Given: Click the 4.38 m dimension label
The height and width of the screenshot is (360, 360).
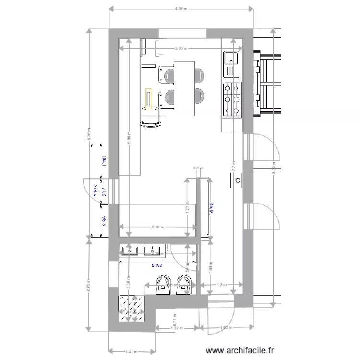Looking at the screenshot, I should pyautogui.click(x=180, y=9).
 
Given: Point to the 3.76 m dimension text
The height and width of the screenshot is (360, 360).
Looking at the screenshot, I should pyautogui.click(x=180, y=48).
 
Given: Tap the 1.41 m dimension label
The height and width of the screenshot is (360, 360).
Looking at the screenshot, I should pyautogui.click(x=131, y=352).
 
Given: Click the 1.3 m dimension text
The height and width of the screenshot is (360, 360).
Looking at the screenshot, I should pyautogui.click(x=221, y=285).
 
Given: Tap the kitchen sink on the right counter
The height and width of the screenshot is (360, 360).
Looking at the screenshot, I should pyautogui.click(x=231, y=60).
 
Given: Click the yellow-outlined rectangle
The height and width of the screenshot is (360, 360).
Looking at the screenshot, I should pyautogui.click(x=148, y=99).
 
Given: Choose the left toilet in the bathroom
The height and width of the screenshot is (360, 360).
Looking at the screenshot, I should pyautogui.click(x=164, y=283).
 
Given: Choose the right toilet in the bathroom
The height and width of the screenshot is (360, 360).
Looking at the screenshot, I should pyautogui.click(x=184, y=283).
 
